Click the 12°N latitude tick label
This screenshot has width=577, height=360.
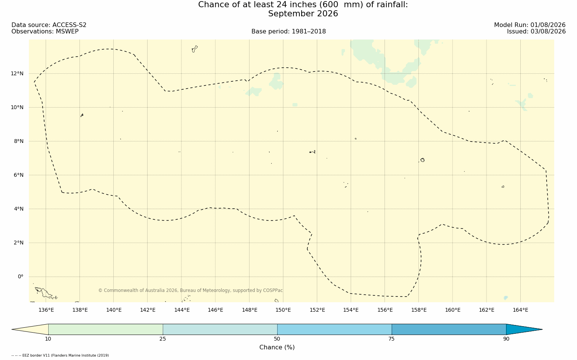pyautogui.click(x=17, y=74)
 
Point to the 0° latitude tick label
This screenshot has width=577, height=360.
pyautogui.click(x=21, y=277)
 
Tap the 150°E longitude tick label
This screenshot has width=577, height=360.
pyautogui.click(x=283, y=310)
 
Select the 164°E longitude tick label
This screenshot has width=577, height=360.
pyautogui.click(x=520, y=310)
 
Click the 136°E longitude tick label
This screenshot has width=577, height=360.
pyautogui.click(x=46, y=310)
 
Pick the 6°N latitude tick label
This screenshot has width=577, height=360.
pyautogui.click(x=19, y=175)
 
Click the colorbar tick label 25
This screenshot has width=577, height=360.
pyautogui.click(x=162, y=339)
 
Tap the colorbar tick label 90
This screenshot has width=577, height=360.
pyautogui.click(x=506, y=339)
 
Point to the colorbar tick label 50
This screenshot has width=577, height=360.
pyautogui.click(x=277, y=339)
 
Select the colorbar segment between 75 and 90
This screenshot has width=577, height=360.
pyautogui.click(x=449, y=329)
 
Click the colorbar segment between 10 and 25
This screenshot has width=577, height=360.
pyautogui.click(x=106, y=329)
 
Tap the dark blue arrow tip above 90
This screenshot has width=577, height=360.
pyautogui.click(x=542, y=329)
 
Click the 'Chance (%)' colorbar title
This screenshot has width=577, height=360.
pyautogui.click(x=277, y=347)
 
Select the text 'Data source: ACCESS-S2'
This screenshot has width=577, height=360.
pyautogui.click(x=49, y=25)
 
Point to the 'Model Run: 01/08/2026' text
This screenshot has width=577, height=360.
pyautogui.click(x=529, y=25)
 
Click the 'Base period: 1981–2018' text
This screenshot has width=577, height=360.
pyautogui.click(x=288, y=32)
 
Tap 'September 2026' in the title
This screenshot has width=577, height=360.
pyautogui.click(x=303, y=14)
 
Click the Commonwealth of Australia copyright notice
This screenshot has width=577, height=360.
pyautogui.click(x=191, y=290)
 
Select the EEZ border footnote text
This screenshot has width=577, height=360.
pyautogui.click(x=60, y=355)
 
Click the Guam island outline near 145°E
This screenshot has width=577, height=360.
pyautogui.click(x=195, y=49)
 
